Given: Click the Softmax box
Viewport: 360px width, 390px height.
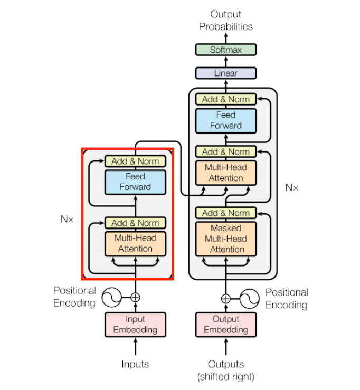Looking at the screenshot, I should coord(225,50).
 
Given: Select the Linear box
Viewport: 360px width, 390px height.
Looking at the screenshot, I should coord(225,73).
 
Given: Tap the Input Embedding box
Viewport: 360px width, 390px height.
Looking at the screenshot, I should coord(135,325).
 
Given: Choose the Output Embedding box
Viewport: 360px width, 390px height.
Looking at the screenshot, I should coord(225,325).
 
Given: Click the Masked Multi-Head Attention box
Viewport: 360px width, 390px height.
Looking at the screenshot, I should coord(225,239).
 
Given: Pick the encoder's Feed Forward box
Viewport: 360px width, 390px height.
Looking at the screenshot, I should coord(135,182).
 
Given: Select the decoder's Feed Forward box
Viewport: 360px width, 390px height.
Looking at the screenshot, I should coord(225,120).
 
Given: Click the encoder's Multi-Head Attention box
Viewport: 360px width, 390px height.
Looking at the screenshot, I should coord(135,243).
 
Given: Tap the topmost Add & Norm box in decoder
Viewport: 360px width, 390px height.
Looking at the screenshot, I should coord(225,99).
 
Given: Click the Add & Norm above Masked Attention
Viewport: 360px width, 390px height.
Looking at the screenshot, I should coord(225,213).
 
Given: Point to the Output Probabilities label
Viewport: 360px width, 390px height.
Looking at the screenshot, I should coord(225,21).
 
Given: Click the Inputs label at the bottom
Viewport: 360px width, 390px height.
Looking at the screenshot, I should coord(135,364).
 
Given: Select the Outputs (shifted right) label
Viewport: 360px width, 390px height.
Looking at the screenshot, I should coord(225,370).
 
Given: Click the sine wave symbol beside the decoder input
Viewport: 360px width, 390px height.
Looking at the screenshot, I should coord(250,298).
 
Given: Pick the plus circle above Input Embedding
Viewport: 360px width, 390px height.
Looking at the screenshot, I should coord(135,297).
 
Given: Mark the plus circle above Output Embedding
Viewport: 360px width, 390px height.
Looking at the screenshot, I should coord(225,298).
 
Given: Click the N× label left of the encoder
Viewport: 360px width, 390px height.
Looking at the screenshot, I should coord(67,218).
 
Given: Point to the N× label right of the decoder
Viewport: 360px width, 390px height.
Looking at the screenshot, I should coord(291,187).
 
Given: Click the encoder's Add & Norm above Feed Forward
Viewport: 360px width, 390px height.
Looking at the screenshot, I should coord(135,161).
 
